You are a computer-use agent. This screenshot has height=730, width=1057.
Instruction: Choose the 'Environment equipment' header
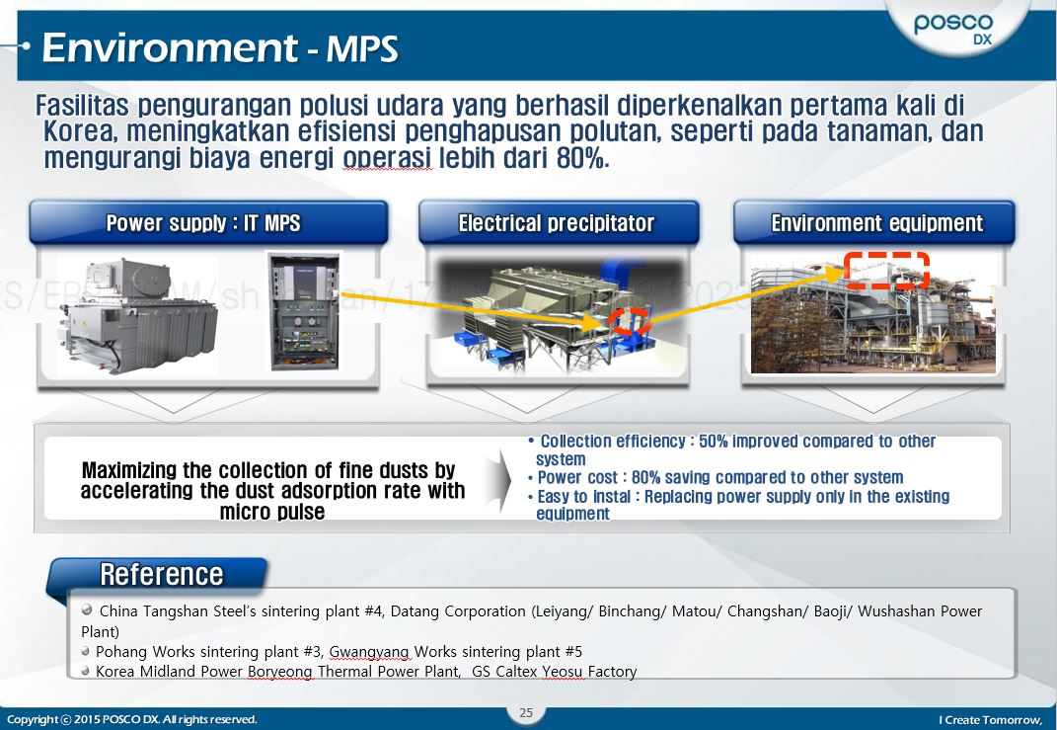[876, 223]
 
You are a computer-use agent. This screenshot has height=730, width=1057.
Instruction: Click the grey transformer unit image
[139, 316]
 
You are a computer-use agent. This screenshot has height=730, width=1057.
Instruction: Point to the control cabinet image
[303, 312]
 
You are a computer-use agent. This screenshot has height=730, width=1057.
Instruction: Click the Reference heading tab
[161, 574]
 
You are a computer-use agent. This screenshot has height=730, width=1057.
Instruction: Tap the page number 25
[526, 712]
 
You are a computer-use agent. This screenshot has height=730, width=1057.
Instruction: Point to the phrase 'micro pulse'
[272, 512]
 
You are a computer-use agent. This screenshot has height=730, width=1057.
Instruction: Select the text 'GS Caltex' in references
[504, 672]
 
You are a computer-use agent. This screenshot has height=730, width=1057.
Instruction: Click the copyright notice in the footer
[131, 719]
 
